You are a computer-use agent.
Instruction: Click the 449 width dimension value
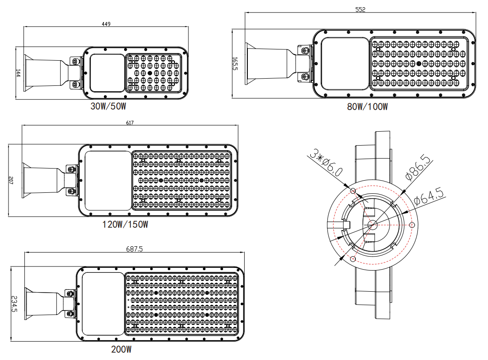coord(106,24)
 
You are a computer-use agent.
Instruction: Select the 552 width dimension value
coord(360,9)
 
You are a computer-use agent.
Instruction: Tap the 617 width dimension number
coord(130,123)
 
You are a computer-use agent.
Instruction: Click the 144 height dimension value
coord(18,73)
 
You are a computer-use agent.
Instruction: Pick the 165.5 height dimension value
coord(234,63)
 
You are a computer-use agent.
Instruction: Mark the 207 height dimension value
coord(10,180)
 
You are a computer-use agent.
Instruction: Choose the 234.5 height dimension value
coord(14,304)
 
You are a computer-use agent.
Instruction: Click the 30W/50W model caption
coord(108,107)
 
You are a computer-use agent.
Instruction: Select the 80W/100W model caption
coord(367,107)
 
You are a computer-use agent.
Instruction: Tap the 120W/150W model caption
coord(125,224)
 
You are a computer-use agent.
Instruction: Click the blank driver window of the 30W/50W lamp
coord(107,73)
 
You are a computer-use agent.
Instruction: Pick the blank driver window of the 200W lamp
coord(103,303)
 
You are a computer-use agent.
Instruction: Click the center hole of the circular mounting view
coord(372,225)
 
